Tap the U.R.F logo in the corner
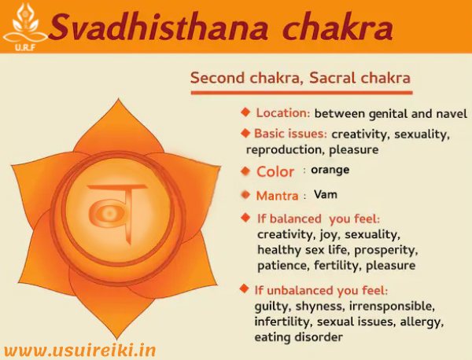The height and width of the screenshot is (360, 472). click(23, 25)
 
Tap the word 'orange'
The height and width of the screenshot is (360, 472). click(330, 170)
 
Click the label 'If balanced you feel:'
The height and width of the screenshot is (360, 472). click(319, 218)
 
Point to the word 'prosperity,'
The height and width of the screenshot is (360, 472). click(385, 250)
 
